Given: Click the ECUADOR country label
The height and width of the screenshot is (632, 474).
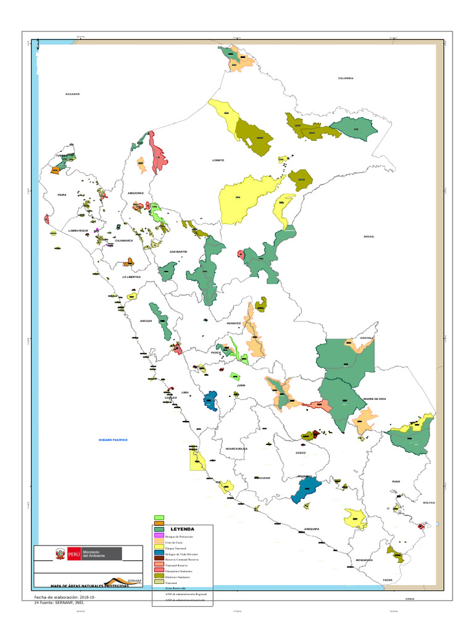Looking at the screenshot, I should click(x=73, y=94).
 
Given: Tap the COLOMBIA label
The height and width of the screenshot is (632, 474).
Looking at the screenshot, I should click(x=346, y=78).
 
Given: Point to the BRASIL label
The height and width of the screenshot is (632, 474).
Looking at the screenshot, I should click(x=369, y=236).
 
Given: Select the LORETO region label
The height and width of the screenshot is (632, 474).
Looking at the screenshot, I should click(x=218, y=160).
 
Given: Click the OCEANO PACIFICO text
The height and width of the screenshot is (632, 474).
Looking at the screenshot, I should click(x=112, y=439).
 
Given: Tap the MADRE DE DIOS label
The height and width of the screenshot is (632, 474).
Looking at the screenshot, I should click(x=375, y=399).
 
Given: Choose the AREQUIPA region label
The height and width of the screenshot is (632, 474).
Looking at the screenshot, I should click(x=312, y=529).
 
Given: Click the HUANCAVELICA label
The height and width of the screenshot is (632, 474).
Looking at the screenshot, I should click(x=236, y=449).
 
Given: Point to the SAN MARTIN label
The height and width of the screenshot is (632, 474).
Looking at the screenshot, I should click(x=178, y=252).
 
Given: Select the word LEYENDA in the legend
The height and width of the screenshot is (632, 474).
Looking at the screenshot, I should click(x=182, y=529).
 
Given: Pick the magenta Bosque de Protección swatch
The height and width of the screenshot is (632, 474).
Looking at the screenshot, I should click(x=159, y=535).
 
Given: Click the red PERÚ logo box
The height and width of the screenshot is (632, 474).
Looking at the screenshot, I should click(x=74, y=554).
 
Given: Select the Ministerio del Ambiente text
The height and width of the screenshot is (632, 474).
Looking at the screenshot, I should click(x=94, y=554).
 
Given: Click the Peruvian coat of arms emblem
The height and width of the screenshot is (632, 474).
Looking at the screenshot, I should click(x=60, y=554).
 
